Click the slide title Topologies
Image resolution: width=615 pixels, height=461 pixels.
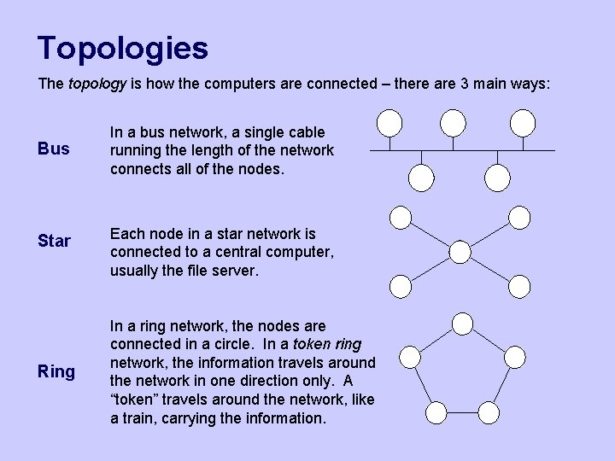pyautogui.click(x=123, y=48)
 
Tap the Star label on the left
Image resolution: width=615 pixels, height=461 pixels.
pyautogui.click(x=55, y=241)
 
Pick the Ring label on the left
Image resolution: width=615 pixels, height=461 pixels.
pyautogui.click(x=56, y=371)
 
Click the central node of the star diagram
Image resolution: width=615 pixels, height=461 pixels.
pyautogui.click(x=460, y=252)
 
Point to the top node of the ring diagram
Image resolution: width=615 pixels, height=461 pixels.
pyautogui.click(x=462, y=324)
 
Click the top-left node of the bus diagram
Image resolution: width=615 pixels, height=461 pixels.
pyautogui.click(x=389, y=124)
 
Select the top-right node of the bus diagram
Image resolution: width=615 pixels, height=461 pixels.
pyautogui.click(x=522, y=124)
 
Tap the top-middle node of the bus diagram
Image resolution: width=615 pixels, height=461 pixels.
pyautogui.click(x=454, y=124)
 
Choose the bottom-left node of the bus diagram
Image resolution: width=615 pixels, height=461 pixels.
pyautogui.click(x=421, y=177)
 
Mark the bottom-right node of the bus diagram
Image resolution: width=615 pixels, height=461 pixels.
pyautogui.click(x=497, y=177)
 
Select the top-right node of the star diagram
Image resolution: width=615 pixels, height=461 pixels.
pyautogui.click(x=519, y=217)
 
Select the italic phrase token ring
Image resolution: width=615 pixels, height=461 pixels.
pyautogui.click(x=329, y=344)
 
